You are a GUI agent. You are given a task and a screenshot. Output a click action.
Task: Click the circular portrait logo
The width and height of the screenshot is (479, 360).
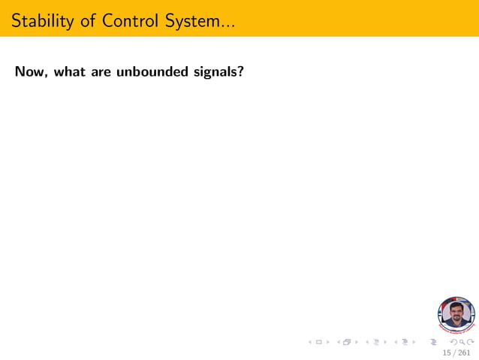(x=456, y=315)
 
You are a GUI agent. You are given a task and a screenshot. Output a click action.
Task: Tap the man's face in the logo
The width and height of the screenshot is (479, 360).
(x=456, y=311)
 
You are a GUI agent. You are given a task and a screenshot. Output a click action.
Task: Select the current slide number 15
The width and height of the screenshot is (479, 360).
(x=447, y=352)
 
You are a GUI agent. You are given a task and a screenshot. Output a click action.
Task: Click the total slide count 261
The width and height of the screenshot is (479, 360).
(x=465, y=352)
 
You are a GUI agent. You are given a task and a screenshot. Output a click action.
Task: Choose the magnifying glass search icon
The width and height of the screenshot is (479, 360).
(x=460, y=342)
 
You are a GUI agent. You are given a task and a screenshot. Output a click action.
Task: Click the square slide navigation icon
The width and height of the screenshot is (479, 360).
(x=318, y=342)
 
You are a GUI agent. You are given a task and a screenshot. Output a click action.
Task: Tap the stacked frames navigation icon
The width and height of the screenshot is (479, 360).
(x=346, y=342)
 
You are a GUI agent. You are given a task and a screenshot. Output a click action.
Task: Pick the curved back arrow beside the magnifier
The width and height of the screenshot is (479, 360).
(x=452, y=342)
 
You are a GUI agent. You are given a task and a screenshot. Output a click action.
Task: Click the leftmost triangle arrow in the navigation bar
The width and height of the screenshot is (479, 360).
(x=310, y=342)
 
